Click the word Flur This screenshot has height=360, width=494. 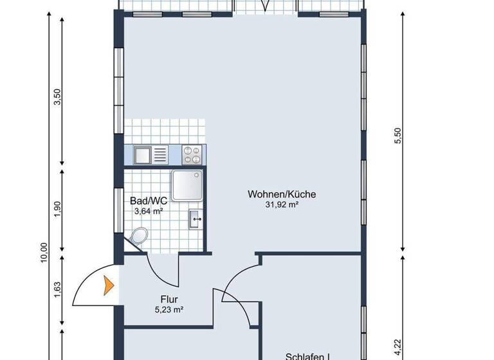169,299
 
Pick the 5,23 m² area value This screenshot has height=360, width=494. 169,310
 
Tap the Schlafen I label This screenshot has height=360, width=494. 308,356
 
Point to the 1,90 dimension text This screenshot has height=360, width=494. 57,210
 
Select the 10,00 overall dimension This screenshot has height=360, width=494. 43,253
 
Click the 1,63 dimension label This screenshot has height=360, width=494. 57,291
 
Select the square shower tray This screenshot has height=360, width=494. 187,187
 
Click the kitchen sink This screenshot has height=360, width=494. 151,154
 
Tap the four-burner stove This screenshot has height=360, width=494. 192,154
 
